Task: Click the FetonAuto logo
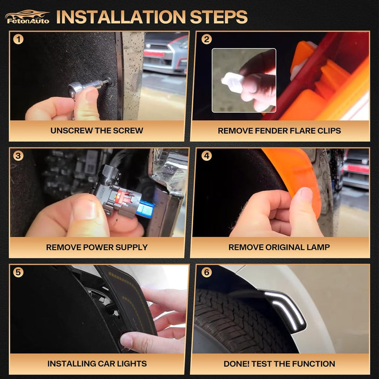(x=27, y=17)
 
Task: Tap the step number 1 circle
(x=18, y=39)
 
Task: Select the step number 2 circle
(x=206, y=39)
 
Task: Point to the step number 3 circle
(x=18, y=156)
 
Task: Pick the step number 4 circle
(x=206, y=156)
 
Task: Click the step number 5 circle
(x=18, y=272)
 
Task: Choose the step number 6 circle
(x=206, y=272)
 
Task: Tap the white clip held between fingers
(x=232, y=82)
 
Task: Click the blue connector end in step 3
(x=146, y=208)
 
